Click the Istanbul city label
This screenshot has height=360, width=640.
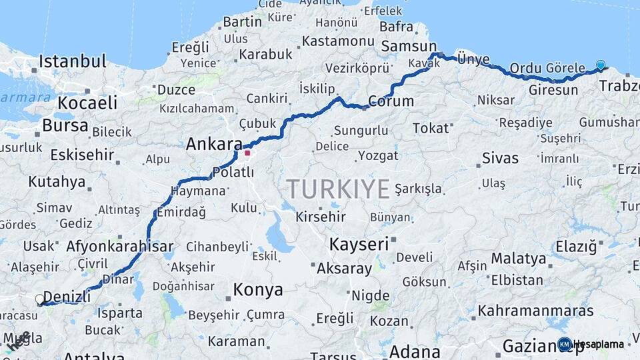72,62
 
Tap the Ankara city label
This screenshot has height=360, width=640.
214,144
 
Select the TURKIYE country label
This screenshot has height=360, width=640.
338,189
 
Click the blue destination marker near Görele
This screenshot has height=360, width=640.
601,65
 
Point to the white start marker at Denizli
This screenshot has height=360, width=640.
40,300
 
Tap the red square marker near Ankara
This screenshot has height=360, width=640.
247,153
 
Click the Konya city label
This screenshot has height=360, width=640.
258,290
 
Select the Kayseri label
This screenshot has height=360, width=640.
359,244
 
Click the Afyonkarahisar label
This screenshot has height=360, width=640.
119,246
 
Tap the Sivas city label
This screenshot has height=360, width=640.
500,159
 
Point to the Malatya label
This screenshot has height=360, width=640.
518,258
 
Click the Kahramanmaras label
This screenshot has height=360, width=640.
535,311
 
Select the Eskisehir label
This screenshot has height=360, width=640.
83,155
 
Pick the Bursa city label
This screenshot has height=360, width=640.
65,125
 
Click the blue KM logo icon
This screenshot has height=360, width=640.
565,344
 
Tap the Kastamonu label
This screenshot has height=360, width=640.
338,41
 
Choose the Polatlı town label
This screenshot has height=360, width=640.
233,173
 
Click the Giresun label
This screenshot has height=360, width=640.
553,89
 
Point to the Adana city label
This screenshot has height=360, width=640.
414,351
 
